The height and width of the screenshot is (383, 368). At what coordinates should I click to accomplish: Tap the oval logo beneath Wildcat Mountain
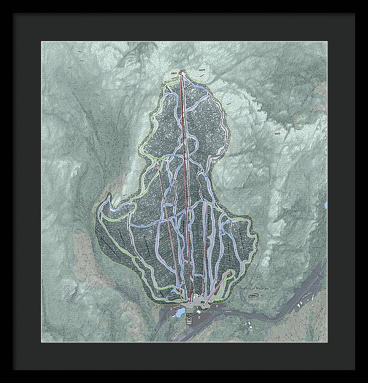[x=253, y=295]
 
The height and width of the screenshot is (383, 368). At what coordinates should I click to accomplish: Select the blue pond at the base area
[x=180, y=313]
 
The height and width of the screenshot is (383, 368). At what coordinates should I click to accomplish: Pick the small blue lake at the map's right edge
[x=326, y=205]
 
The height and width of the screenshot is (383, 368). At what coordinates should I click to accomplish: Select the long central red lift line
[x=186, y=184]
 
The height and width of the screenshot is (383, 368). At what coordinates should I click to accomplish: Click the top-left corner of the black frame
[x=1, y=1]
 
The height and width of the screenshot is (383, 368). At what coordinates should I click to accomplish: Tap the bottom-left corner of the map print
[x=42, y=341]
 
